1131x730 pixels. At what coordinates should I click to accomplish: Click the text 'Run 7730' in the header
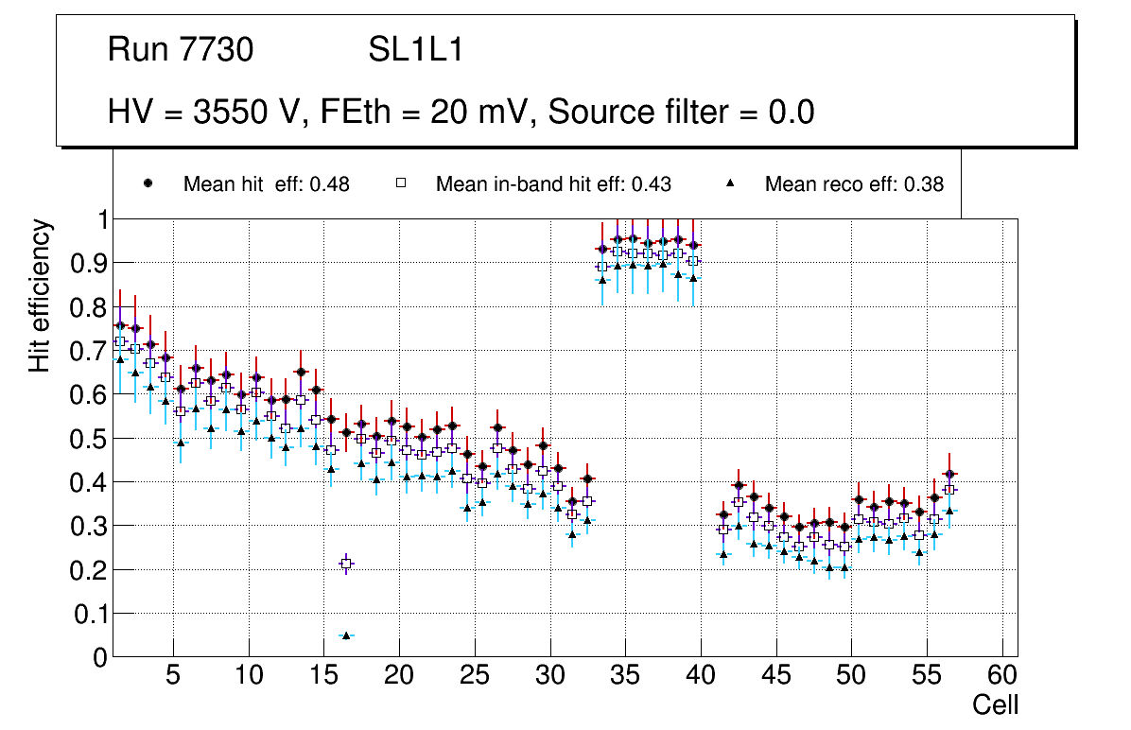[181, 50]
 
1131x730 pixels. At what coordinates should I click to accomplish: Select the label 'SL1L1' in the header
[416, 50]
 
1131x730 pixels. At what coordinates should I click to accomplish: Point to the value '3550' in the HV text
[230, 112]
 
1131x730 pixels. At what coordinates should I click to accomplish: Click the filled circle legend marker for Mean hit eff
[148, 183]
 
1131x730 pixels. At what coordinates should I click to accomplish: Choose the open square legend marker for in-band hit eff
[400, 183]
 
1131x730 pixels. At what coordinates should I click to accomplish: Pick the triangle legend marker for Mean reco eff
[730, 183]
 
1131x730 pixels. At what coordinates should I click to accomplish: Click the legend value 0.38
[924, 184]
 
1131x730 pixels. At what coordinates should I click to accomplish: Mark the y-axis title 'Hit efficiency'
[40, 295]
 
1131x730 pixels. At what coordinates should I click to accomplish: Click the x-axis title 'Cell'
[996, 704]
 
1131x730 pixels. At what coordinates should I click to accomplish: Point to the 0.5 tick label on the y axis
[88, 439]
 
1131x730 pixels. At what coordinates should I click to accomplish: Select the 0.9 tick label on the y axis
[88, 263]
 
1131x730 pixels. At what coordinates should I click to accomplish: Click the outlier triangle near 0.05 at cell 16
[346, 635]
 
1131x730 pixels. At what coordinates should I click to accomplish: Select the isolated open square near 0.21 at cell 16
[346, 564]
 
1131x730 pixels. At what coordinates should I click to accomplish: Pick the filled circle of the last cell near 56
[950, 474]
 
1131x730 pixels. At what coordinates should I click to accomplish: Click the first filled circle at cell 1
[120, 325]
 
